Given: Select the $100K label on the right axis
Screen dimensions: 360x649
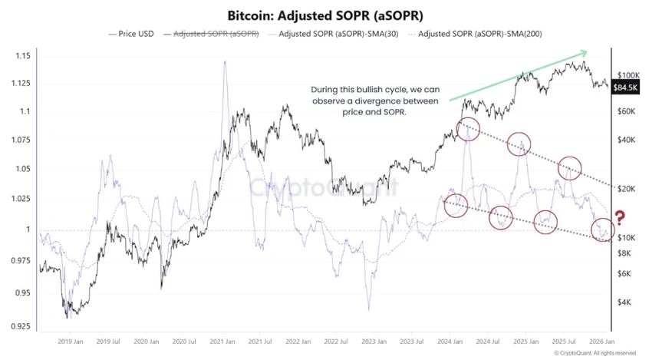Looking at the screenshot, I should [x=628, y=75].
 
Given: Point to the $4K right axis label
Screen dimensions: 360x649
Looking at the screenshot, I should [x=623, y=303].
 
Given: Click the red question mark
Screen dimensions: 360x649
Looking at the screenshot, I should [x=620, y=217].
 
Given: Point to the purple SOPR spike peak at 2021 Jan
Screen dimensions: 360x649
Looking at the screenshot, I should [x=225, y=63].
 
